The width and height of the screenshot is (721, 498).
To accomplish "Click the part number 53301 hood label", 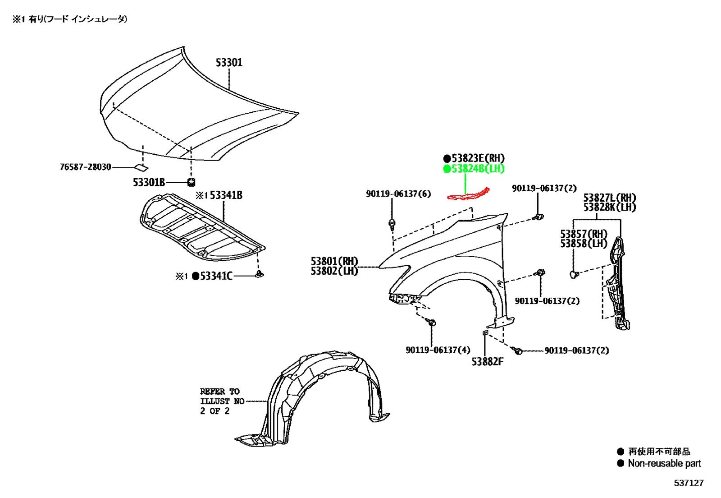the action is tap(229, 63).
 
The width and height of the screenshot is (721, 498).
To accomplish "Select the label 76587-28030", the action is tap(85, 167).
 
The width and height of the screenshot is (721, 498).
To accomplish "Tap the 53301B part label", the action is tap(149, 183).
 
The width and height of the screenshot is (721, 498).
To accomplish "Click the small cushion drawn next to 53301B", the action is tap(191, 182).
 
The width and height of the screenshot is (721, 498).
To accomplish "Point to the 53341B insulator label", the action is tap(226, 195).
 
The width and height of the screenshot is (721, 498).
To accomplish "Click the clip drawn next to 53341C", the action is tap(259, 274).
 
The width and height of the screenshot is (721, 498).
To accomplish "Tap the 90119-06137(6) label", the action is tap(398, 194).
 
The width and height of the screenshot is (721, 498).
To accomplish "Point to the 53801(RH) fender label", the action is tap(334, 261).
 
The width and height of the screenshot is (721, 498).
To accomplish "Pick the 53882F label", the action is tap(487, 362).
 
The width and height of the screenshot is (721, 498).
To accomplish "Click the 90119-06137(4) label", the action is tap(438, 350).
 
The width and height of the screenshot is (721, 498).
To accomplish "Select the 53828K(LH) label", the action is tap(610, 207).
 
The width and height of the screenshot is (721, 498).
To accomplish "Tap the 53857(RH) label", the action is tap(584, 234).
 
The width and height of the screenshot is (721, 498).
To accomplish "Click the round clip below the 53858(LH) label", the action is tap(574, 275).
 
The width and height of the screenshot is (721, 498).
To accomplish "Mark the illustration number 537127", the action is tap(689, 483).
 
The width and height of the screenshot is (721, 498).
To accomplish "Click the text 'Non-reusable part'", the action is tap(664, 464).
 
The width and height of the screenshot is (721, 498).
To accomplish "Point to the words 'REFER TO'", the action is tap(220, 392).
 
